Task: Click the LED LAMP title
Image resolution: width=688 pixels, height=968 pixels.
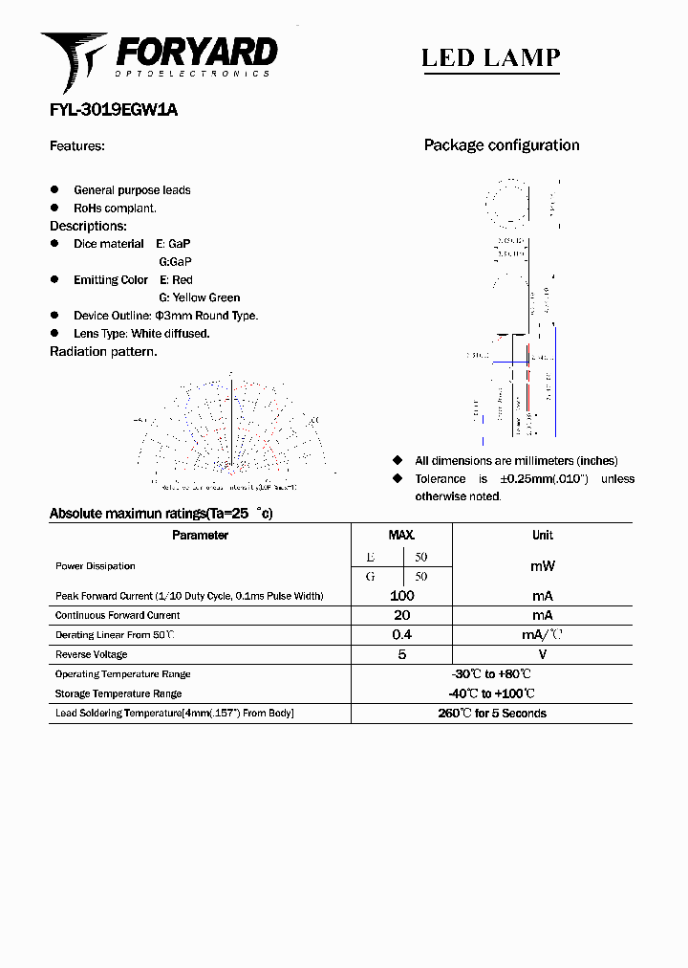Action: coord(490,57)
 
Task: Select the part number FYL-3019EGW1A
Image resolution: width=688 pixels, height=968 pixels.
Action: coord(114,110)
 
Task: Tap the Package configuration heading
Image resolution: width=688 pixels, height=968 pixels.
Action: coord(502,145)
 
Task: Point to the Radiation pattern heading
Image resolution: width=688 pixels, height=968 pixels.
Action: coord(103,351)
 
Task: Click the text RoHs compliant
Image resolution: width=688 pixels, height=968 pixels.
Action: coord(115,208)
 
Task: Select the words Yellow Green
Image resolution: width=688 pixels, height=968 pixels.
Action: coord(205,297)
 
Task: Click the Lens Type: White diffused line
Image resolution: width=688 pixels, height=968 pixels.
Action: coord(141,333)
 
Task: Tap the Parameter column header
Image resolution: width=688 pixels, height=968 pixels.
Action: coord(200,536)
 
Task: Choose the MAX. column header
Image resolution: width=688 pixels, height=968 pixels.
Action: coord(401,536)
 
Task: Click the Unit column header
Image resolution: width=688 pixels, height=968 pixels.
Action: coord(542,536)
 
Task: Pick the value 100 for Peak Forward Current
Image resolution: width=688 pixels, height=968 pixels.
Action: coord(401,596)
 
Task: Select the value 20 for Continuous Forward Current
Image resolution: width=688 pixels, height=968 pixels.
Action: coord(401,616)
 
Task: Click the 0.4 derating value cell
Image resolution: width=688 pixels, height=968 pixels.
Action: coord(401,635)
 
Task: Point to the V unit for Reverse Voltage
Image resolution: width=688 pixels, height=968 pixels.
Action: coord(542,655)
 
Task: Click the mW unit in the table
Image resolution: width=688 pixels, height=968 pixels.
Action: coord(542,566)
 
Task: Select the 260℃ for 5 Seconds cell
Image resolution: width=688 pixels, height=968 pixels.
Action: coord(492,714)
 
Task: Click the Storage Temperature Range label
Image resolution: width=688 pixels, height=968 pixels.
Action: coord(118,693)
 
